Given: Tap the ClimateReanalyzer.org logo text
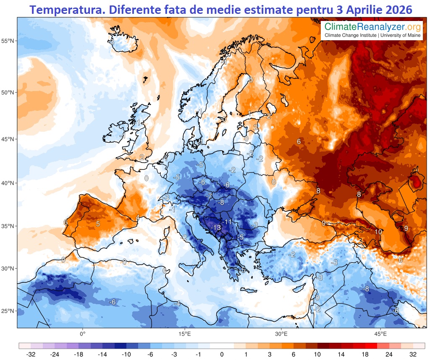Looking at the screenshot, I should (372, 27).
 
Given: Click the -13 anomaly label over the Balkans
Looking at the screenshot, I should (216, 227).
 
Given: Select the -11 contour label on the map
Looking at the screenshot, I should (228, 221).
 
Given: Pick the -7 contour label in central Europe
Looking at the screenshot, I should (209, 196).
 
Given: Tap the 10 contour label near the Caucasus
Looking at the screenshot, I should (378, 232).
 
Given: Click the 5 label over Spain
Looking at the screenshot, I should (98, 224).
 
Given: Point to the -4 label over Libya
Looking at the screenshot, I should (177, 303).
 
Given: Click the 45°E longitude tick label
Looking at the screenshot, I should (380, 334).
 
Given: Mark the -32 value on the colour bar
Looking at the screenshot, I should (30, 354).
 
